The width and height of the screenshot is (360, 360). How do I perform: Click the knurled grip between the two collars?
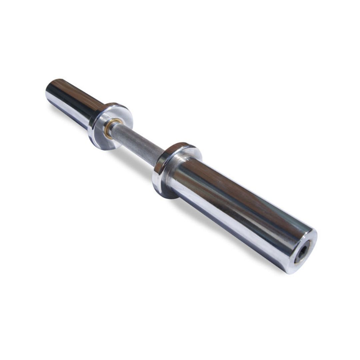pyautogui.click(x=137, y=142)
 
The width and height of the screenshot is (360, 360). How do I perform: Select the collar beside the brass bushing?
pyautogui.click(x=110, y=125)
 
